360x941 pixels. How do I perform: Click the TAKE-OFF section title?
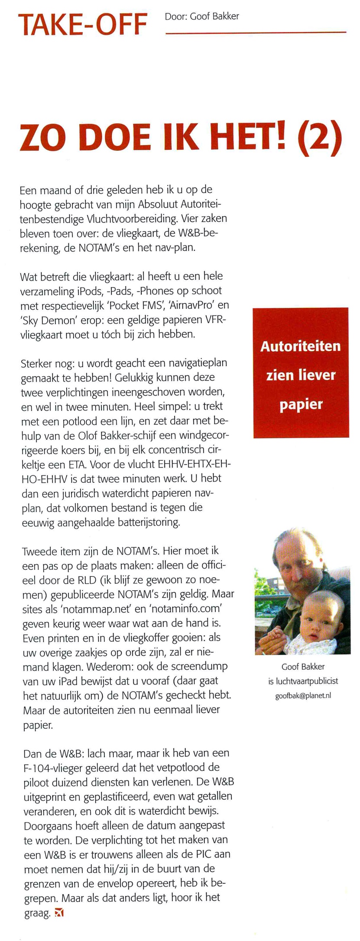click(82, 25)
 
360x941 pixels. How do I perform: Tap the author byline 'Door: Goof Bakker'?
click(202, 16)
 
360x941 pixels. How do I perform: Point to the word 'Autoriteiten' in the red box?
click(300, 346)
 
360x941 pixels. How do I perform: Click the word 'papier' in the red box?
click(301, 405)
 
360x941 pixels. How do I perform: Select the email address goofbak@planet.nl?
click(303, 696)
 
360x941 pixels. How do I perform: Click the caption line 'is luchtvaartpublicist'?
click(303, 681)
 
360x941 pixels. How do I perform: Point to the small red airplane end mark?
click(60, 913)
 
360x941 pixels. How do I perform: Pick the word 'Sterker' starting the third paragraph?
click(36, 363)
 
